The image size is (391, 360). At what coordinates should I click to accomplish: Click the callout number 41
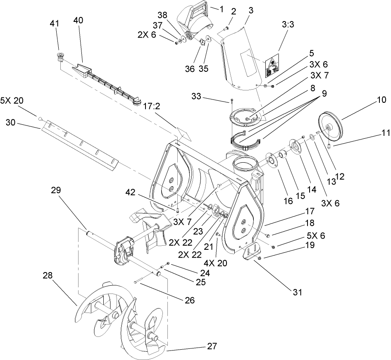pyautogui.click(x=54, y=24)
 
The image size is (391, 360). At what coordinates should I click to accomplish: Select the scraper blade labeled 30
pyautogui.click(x=81, y=144)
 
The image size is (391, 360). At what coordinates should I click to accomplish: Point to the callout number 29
pyautogui.click(x=56, y=190)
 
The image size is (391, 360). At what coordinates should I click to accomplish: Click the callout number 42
pyautogui.click(x=131, y=192)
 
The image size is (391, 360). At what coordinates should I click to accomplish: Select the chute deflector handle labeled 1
pyautogui.click(x=193, y=14)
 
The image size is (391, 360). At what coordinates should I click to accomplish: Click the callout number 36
pyautogui.click(x=190, y=69)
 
